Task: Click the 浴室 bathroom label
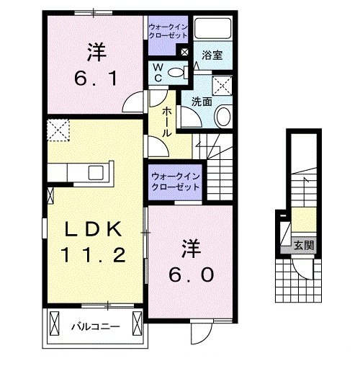(x=212, y=55)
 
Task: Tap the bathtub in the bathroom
(x=212, y=28)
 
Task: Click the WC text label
(x=158, y=73)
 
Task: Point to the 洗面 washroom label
(x=202, y=102)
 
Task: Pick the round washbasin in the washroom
(x=223, y=117)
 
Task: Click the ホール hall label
(x=166, y=122)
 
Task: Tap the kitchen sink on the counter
(x=96, y=172)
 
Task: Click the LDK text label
(x=93, y=229)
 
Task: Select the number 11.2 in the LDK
(x=93, y=255)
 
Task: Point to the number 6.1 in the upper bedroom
(x=96, y=79)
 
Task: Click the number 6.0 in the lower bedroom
(x=191, y=274)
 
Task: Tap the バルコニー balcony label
(x=96, y=326)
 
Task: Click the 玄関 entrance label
(x=304, y=246)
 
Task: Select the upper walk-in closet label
(x=168, y=31)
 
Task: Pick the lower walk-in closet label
(x=176, y=182)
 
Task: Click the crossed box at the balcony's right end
(x=138, y=323)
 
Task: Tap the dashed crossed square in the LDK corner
(x=58, y=130)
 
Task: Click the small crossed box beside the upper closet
(x=184, y=52)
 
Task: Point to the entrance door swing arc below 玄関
(x=301, y=272)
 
